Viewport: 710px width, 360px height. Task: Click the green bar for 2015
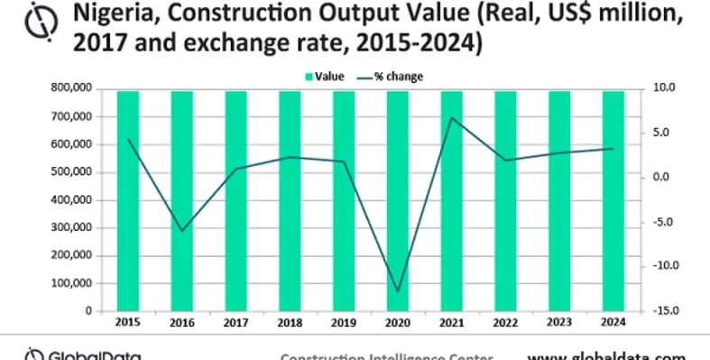127,198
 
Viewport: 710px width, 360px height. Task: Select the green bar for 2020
398,198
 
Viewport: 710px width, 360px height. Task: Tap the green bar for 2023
559,198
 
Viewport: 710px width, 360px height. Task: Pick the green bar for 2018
290,198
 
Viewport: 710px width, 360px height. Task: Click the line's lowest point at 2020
398,291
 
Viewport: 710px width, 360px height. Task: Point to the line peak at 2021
451,118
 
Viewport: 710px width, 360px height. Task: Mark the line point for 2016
181,231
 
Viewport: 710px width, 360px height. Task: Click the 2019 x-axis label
344,320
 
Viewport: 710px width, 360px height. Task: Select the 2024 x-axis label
613,320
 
